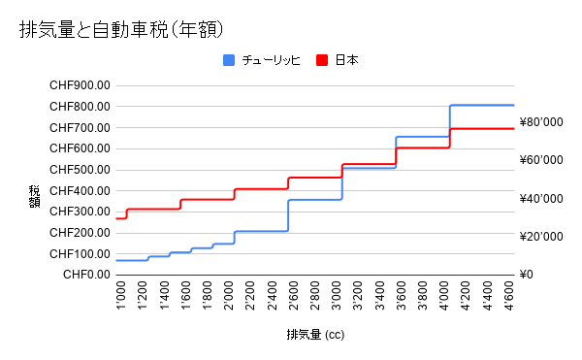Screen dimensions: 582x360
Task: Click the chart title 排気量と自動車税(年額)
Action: click(121, 30)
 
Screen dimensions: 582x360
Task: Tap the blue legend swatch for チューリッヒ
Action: click(229, 60)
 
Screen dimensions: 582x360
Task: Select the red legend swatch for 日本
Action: click(322, 60)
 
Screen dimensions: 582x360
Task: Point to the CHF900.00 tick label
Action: click(80, 85)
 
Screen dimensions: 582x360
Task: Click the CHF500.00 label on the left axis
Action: click(80, 170)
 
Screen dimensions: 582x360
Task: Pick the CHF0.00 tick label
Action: click(87, 275)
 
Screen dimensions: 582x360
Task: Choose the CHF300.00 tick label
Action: click(80, 212)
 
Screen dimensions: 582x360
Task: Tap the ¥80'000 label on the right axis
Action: click(541, 122)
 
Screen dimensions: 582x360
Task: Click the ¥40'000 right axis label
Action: click(541, 199)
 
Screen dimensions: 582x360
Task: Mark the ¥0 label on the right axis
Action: click(527, 275)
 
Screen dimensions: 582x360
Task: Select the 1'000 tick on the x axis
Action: click(121, 295)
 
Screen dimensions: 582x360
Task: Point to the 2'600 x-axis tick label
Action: click(294, 295)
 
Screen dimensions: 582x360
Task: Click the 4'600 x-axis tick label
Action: click(509, 295)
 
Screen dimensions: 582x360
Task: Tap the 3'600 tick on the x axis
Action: click(402, 295)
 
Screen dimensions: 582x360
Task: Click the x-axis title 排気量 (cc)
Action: click(315, 335)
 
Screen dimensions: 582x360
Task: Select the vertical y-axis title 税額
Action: click(34, 197)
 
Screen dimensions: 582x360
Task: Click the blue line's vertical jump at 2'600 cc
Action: click(288, 215)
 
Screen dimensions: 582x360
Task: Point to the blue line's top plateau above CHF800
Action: click(482, 106)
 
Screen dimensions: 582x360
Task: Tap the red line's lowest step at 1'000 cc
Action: click(121, 218)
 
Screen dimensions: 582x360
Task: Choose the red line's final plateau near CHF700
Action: click(482, 129)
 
